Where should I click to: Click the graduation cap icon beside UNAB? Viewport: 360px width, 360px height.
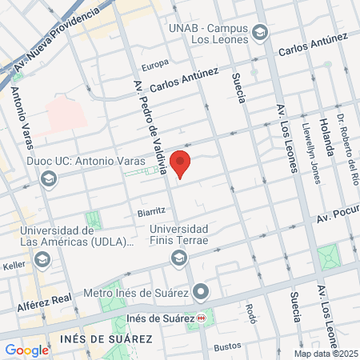tap(258, 33)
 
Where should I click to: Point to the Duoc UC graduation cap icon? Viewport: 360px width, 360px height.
tap(48, 178)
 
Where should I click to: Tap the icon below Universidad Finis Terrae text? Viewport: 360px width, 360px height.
tap(179, 257)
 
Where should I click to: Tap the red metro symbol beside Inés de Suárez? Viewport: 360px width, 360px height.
tap(201, 318)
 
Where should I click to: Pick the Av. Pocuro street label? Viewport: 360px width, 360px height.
tap(338, 216)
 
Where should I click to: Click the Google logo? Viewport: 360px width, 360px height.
tap(26, 350)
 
